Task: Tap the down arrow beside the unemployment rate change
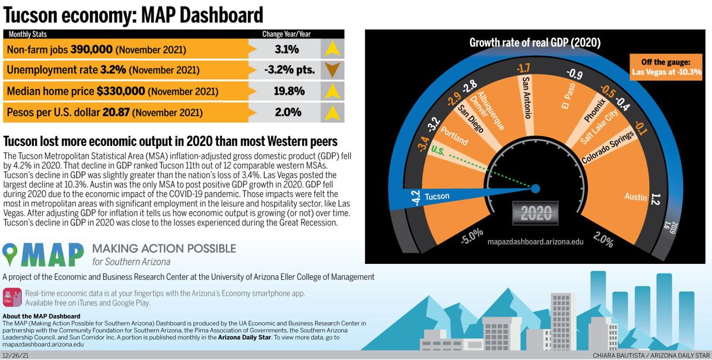click(x=333, y=70)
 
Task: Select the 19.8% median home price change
click(x=288, y=91)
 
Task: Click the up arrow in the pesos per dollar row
click(x=333, y=111)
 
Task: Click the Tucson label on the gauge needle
click(x=437, y=196)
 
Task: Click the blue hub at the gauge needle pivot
click(x=535, y=189)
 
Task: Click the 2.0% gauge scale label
click(x=602, y=241)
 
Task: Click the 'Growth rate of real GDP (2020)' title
click(x=535, y=43)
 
